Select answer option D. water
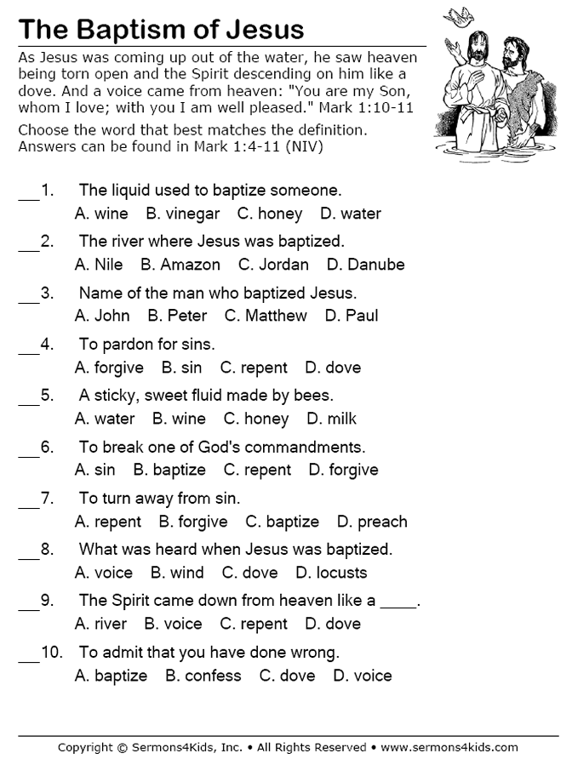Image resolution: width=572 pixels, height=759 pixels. (351, 214)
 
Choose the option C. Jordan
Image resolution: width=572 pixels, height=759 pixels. (273, 265)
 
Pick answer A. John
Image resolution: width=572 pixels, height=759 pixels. (102, 316)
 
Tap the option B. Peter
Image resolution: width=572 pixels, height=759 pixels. (177, 316)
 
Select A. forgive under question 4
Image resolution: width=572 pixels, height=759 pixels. (109, 368)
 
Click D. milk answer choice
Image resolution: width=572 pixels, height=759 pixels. (331, 419)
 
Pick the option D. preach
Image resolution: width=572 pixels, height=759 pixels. (372, 522)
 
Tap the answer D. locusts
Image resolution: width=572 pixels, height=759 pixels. (331, 573)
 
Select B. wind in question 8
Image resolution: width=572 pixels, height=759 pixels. (177, 573)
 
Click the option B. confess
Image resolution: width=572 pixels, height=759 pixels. (203, 676)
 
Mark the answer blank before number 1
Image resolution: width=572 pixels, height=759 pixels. (28, 196)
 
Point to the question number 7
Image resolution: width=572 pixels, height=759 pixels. (48, 498)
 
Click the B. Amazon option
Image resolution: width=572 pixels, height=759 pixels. (180, 265)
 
